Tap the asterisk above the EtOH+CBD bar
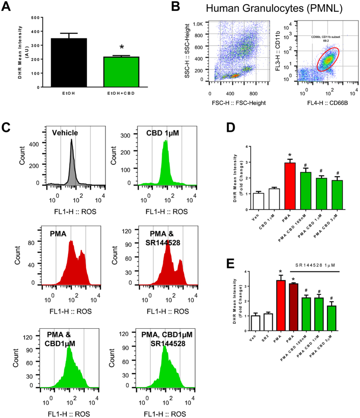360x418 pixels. [121, 48]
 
